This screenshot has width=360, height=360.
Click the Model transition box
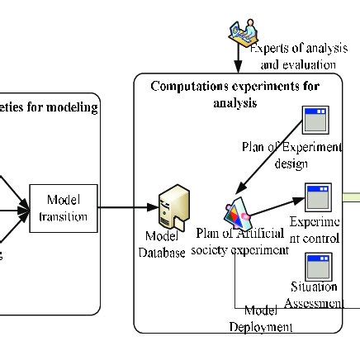point(63,207)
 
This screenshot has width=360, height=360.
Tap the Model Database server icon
point(173,205)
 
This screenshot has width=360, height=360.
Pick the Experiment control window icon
point(318,197)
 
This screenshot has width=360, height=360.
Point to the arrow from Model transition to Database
point(128,207)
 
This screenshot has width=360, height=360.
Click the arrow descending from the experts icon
point(238,59)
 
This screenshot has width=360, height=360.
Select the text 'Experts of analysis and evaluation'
point(293,57)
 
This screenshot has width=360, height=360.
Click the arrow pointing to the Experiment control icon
point(285,202)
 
